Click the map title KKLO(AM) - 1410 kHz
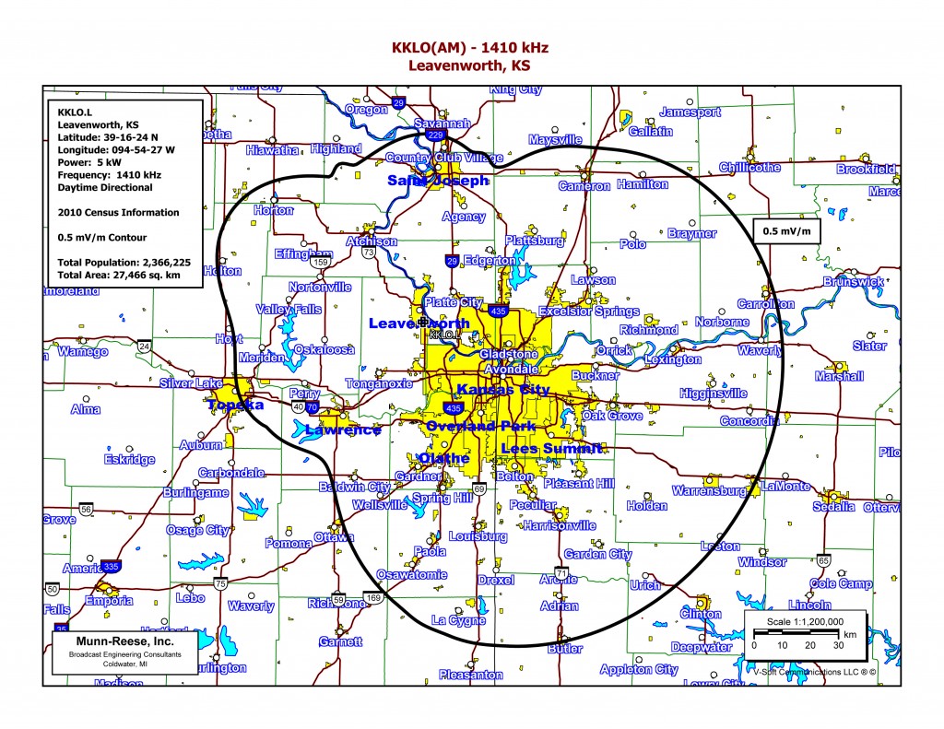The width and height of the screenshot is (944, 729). point(471,47)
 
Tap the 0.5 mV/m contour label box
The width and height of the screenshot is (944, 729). point(786,230)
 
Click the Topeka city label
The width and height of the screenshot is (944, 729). point(236,406)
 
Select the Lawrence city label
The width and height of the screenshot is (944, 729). point(343,430)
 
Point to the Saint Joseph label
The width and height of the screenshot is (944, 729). point(437,181)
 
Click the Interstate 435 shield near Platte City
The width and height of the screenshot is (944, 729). point(498,312)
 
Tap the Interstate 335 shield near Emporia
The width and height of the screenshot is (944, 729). point(111,566)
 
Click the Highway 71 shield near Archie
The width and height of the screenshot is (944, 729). point(561,572)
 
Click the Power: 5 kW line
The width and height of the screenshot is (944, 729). point(91,161)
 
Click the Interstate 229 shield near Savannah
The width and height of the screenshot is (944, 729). point(436,135)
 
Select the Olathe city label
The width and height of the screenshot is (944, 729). point(444,459)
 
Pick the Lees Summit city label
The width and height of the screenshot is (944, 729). point(551,449)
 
